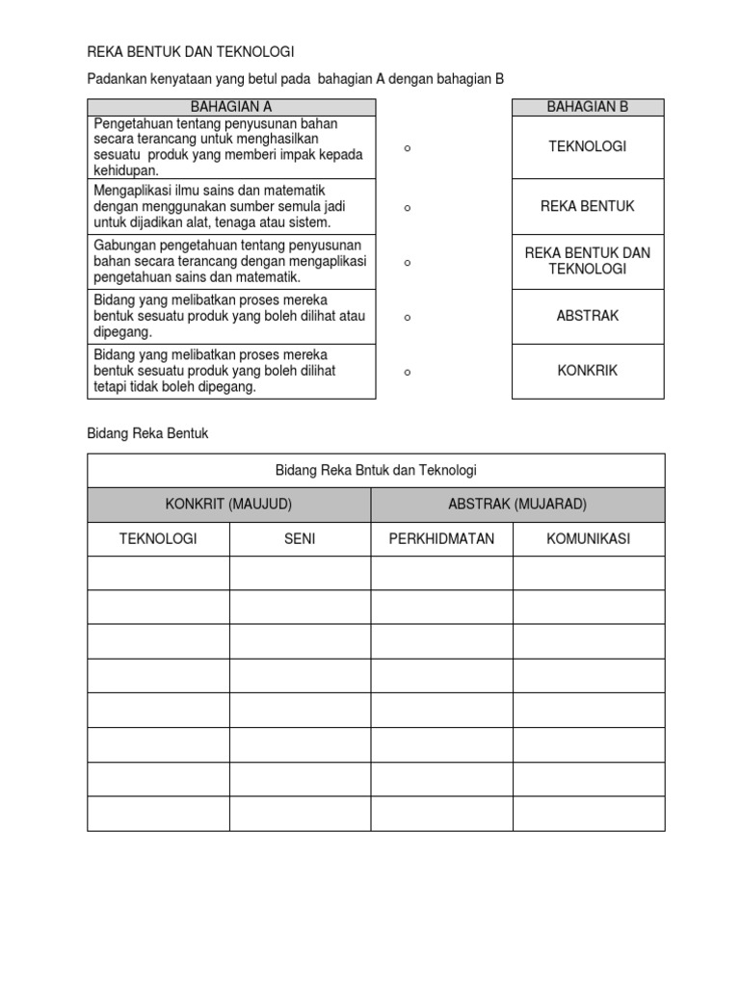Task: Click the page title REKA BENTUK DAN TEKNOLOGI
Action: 191,51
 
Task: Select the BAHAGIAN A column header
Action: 231,107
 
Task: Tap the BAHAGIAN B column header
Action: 587,107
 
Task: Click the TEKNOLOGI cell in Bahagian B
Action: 587,146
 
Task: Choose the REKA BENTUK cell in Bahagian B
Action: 587,206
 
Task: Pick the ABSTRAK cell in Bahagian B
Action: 587,316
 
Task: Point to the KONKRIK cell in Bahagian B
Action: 587,371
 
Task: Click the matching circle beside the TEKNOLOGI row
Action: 408,148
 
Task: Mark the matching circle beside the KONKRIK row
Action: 408,373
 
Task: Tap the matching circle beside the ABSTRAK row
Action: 408,317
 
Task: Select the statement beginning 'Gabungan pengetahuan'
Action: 229,261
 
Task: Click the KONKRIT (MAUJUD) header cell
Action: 228,504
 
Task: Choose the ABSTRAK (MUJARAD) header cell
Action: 517,504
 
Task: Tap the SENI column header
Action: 300,538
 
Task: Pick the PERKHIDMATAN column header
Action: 441,538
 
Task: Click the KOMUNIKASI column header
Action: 588,538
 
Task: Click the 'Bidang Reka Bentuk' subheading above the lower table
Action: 147,433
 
